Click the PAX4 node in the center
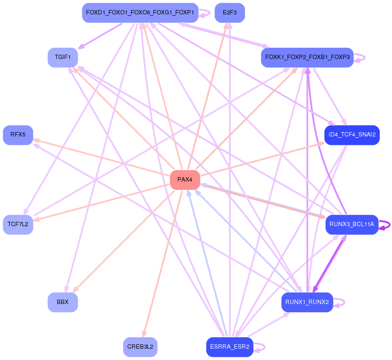pyautogui.click(x=185, y=180)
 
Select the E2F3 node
pyautogui.click(x=229, y=13)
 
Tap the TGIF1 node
pyautogui.click(x=62, y=57)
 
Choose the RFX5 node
pyautogui.click(x=18, y=135)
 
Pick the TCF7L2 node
pyautogui.click(x=18, y=224)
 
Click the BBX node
pyautogui.click(x=62, y=302)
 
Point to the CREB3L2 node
pyautogui.click(x=140, y=347)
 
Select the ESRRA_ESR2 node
pyautogui.click(x=229, y=347)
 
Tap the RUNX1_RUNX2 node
pyautogui.click(x=307, y=302)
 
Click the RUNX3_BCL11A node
pyautogui.click(x=352, y=224)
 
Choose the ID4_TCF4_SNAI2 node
pyautogui.click(x=352, y=135)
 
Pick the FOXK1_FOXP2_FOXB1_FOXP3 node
pyautogui.click(x=307, y=57)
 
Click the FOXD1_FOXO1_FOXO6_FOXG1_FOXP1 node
pyautogui.click(x=140, y=13)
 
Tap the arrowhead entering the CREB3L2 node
pyautogui.click(x=144, y=335)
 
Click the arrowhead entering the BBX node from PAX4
pyautogui.click(x=75, y=290)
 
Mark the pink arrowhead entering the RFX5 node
pyautogui.click(x=36, y=140)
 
